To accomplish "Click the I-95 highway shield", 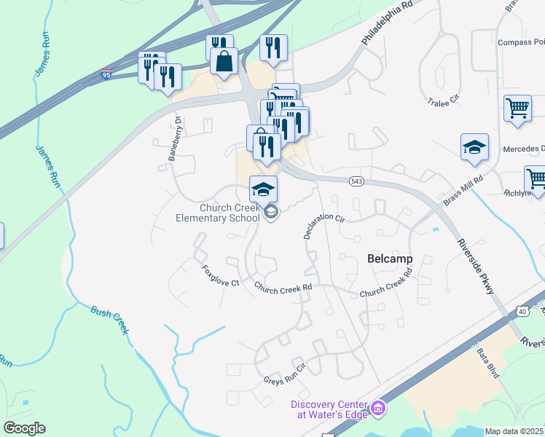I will pos(106,74).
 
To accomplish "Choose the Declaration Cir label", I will pos(324,225).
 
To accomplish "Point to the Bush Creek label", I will pos(110,319).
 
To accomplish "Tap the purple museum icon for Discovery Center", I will pos(377,409).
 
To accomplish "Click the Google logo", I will pos(24,428).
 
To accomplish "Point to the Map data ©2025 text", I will pos(514,431).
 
